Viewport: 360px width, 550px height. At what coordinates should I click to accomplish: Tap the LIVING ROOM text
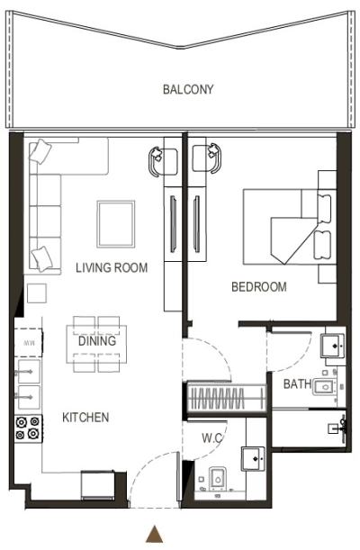pyautogui.click(x=112, y=267)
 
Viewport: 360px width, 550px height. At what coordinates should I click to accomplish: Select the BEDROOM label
pyautogui.click(x=259, y=287)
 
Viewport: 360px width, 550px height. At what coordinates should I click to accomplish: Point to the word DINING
pyautogui.click(x=97, y=342)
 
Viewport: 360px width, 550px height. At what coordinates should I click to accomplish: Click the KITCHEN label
pyautogui.click(x=85, y=418)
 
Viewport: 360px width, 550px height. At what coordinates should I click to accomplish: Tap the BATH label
pyautogui.click(x=297, y=384)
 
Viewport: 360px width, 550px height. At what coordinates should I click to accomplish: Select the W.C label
pyautogui.click(x=212, y=438)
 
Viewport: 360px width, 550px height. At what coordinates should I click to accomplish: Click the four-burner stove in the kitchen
pyautogui.click(x=26, y=428)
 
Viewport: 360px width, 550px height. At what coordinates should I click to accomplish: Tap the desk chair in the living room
pyautogui.click(x=157, y=158)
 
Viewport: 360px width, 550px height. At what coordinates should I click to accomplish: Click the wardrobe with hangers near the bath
pyautogui.click(x=225, y=396)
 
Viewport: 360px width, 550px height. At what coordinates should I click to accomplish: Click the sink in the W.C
pyautogui.click(x=255, y=459)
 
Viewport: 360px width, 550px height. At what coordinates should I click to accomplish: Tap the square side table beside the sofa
pyautogui.click(x=36, y=293)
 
